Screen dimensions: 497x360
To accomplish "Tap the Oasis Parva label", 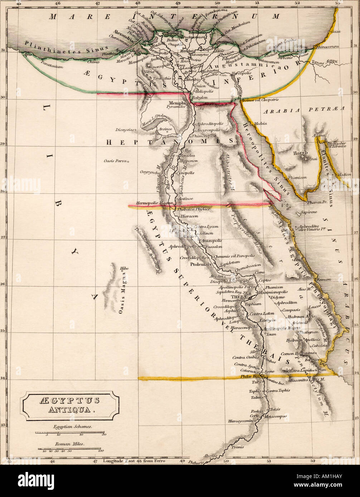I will (116, 161).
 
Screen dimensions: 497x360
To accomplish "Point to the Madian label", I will (344, 174).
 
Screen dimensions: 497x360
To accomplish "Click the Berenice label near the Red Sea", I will (312, 359).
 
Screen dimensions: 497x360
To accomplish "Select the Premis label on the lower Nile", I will (237, 447).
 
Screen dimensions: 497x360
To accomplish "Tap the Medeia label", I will (260, 123).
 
